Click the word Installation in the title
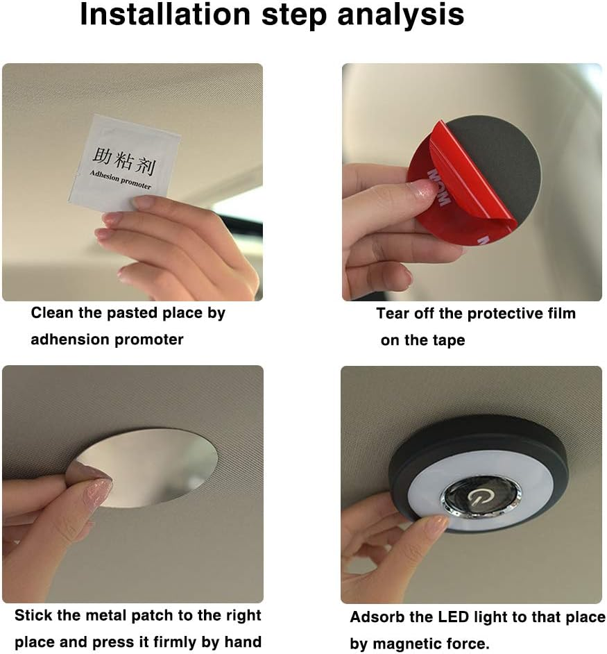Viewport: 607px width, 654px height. coord(165,14)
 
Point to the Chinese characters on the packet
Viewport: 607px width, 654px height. coord(123,161)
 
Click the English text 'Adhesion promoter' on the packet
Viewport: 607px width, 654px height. coord(120,181)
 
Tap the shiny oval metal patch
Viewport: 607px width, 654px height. coord(150,467)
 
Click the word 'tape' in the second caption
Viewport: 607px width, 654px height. coord(449,341)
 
